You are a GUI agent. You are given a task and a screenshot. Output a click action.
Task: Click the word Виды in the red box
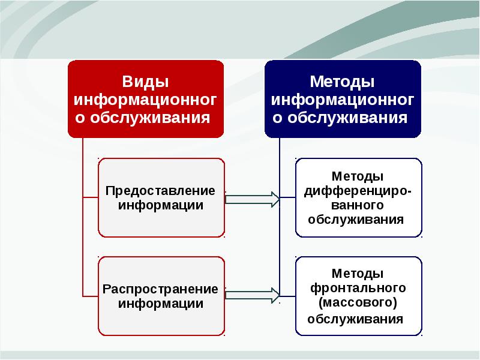click(x=145, y=81)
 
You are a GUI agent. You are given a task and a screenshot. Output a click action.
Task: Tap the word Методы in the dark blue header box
click(x=343, y=81)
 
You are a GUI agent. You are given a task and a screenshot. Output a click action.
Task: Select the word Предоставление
click(x=160, y=191)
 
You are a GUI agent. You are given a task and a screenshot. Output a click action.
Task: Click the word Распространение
click(x=160, y=289)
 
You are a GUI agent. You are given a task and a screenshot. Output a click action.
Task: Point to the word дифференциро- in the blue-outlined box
click(x=358, y=191)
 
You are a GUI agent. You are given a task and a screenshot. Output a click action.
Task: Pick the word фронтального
click(x=358, y=287)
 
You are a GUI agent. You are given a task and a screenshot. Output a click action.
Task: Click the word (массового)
click(x=358, y=302)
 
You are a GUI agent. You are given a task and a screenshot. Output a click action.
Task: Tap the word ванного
click(x=358, y=205)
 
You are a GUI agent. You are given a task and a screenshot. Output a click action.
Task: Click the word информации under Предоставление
click(x=160, y=205)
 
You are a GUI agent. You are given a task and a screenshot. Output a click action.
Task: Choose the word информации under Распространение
click(x=160, y=304)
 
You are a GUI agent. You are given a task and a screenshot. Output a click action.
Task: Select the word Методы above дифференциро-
click(x=358, y=177)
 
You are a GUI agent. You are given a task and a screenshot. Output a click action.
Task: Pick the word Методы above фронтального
click(x=358, y=273)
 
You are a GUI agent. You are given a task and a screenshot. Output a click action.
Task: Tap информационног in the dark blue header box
click(x=343, y=98)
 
